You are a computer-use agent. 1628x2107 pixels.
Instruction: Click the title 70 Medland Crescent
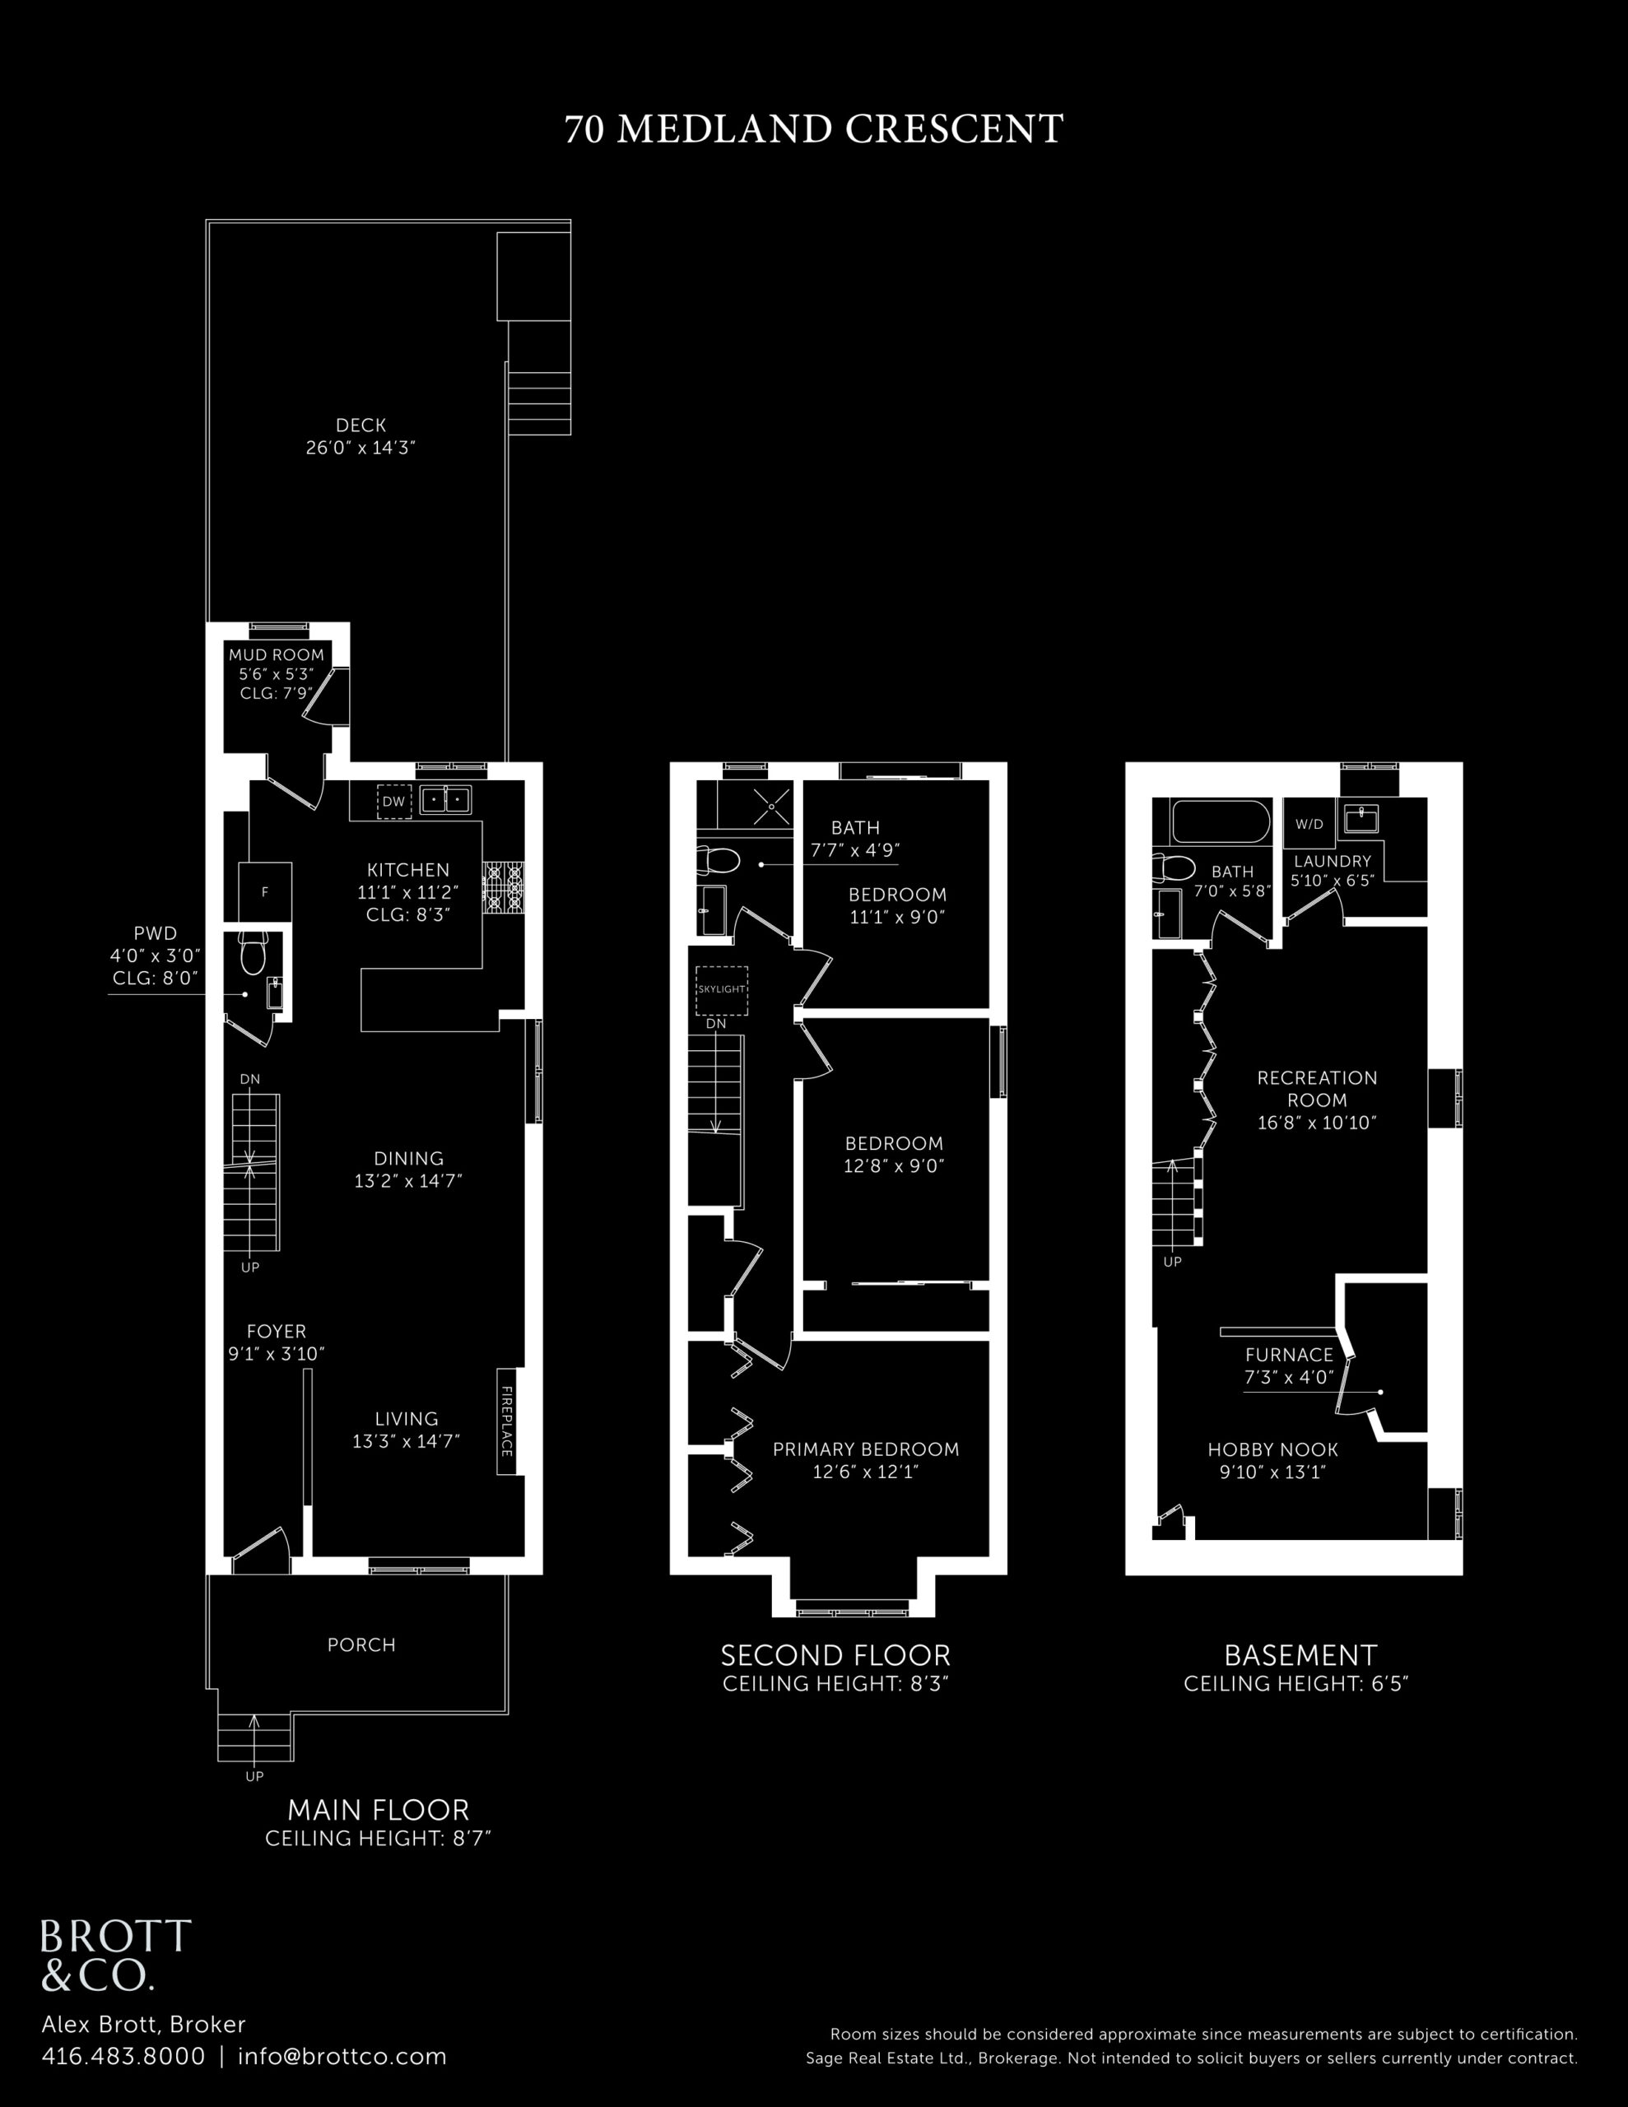click(x=813, y=129)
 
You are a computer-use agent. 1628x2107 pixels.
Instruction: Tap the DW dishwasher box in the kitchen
click(x=393, y=802)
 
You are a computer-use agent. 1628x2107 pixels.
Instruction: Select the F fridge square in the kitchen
click(x=264, y=892)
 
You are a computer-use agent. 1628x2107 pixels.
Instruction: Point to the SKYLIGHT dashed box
click(x=722, y=990)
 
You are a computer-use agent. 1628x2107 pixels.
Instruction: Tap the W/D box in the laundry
click(x=1309, y=824)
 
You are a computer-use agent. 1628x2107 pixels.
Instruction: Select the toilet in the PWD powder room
click(x=253, y=952)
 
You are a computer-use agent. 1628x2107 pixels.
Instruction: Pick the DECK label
click(x=361, y=425)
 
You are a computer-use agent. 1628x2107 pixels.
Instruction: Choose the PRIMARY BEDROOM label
click(x=866, y=1449)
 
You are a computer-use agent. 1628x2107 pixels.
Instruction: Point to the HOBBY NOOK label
click(x=1273, y=1449)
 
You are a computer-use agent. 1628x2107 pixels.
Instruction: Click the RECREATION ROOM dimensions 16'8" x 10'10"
click(x=1316, y=1123)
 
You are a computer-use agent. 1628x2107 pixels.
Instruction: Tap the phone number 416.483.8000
click(x=123, y=2057)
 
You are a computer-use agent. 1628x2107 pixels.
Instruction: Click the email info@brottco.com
click(x=342, y=2057)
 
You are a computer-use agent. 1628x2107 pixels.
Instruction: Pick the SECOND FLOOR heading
click(x=835, y=1655)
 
